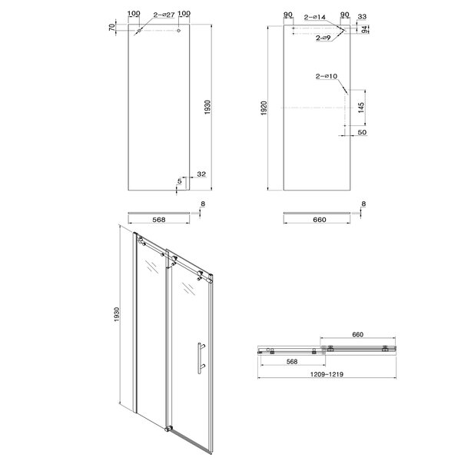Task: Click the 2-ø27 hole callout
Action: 164,15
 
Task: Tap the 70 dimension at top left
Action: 111,28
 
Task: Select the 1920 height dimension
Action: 264,108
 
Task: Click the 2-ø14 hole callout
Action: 315,18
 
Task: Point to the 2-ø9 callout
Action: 323,38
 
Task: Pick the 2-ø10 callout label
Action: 327,76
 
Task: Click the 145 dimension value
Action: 361,108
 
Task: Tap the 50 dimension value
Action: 362,132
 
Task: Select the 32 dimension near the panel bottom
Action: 201,174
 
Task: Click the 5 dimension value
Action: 179,181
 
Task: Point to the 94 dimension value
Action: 364,29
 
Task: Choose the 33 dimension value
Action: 362,17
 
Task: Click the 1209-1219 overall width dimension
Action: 327,374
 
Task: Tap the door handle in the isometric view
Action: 200,358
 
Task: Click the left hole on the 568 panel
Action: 139,31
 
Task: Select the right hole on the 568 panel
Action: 178,30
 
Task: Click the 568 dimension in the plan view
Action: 292,362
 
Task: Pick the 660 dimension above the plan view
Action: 357,334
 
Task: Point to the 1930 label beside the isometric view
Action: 117,314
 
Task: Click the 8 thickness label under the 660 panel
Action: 363,204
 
